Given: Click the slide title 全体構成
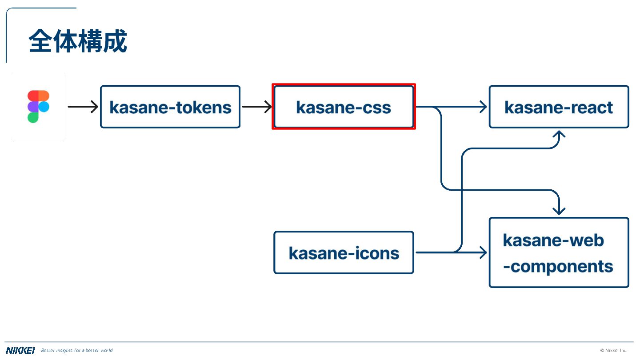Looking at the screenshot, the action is click(78, 41).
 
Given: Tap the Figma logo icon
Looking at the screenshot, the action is click(38, 107).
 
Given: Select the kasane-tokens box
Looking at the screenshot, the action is click(170, 107).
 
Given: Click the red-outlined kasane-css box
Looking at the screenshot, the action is click(344, 107).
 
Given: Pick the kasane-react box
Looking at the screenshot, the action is click(559, 107).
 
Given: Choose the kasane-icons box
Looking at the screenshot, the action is click(344, 252).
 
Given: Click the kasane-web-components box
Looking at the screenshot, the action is click(559, 252).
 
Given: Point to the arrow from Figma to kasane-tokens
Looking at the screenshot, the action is click(83, 107).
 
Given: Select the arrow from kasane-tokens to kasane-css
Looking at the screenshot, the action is click(257, 107).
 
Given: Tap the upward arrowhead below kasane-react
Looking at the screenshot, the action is click(559, 134).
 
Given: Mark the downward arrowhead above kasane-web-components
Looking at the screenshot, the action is click(559, 211).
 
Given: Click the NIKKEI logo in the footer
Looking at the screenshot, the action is click(20, 351).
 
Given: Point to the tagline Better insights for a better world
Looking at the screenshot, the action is click(77, 351).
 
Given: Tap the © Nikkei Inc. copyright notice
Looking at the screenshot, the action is click(614, 351).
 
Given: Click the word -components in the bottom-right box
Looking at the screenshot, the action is click(558, 267).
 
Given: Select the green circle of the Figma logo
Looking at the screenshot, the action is click(33, 117).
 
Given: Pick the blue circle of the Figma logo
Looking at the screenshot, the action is click(44, 107).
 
